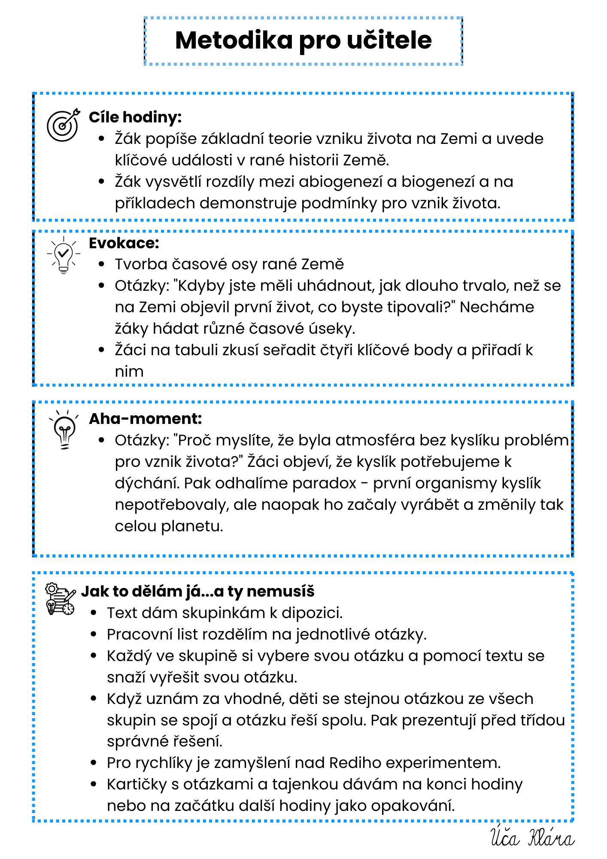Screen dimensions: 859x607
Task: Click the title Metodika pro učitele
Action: [303, 41]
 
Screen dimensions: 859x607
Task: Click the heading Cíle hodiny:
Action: [135, 117]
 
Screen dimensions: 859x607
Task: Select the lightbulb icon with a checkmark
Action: [64, 254]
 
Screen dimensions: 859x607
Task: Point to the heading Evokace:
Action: [124, 243]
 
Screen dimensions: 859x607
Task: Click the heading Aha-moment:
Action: [145, 419]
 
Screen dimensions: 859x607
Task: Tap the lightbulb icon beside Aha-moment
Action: [64, 429]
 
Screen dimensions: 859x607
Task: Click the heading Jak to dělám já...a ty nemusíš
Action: [197, 591]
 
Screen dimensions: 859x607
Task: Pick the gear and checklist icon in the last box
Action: [61, 599]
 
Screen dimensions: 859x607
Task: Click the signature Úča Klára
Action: [532, 838]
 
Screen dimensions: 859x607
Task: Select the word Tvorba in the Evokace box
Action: [141, 265]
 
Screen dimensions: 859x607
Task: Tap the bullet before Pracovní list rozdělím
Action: [94, 634]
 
